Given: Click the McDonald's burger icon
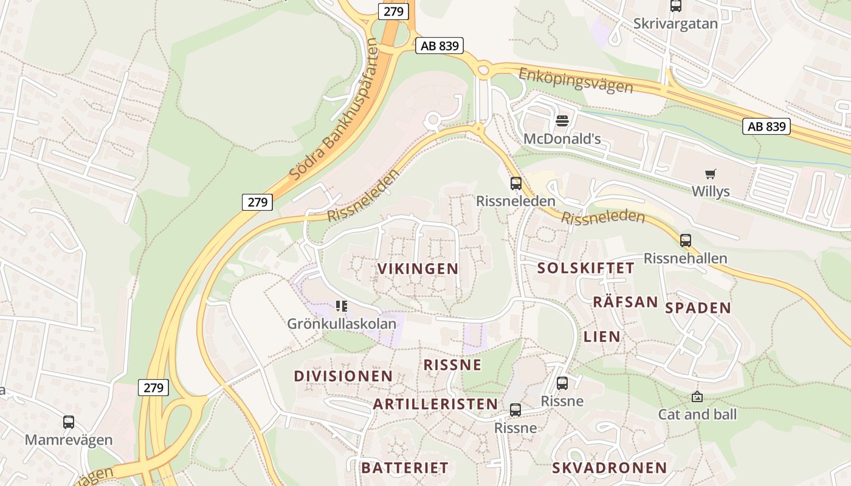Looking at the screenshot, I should [562, 120].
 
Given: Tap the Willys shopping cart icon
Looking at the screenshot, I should [710, 174].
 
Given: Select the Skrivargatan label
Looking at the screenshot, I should [675, 24].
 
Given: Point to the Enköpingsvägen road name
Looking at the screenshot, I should [575, 80].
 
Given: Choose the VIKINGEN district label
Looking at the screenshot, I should [418, 269].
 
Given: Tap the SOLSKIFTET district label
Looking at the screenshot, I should [586, 268].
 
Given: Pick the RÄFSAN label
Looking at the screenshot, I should [625, 302].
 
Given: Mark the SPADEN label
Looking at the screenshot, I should [698, 307].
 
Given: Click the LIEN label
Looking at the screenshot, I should [602, 336].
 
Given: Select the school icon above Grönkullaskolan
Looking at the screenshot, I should [342, 306].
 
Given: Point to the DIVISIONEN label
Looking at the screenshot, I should [343, 376].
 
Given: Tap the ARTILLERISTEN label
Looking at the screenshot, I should [435, 404].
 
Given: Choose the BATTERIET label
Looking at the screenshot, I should [405, 468].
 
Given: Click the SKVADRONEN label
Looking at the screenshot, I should [610, 468].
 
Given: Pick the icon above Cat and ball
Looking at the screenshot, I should [697, 397].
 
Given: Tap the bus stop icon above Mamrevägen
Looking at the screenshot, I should [69, 422].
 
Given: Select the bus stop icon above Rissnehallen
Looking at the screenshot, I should [686, 241].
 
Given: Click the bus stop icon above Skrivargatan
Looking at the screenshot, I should [675, 6].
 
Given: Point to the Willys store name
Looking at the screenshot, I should [710, 191].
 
